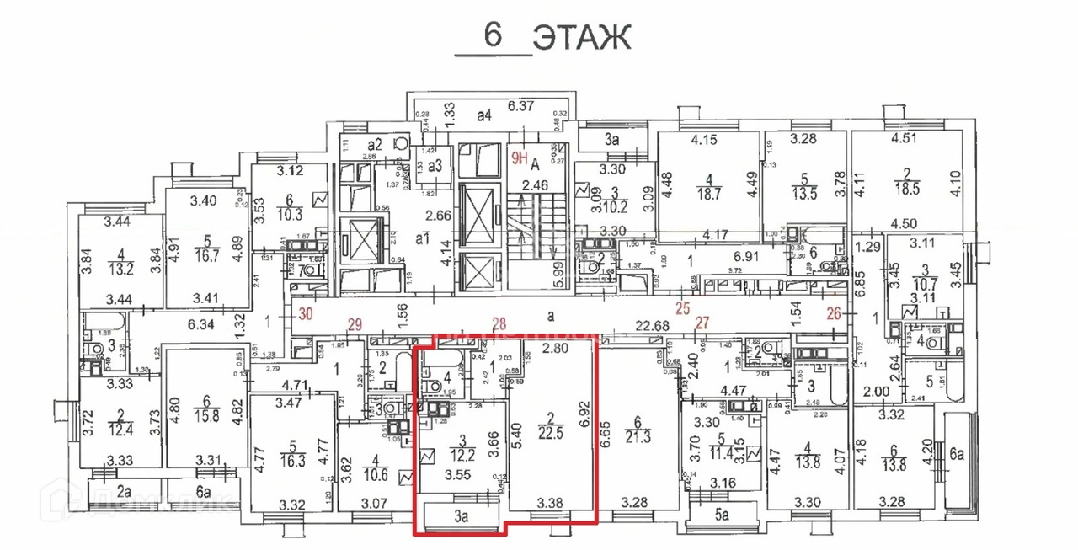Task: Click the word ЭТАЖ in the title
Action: (583, 37)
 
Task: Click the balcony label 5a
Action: (722, 512)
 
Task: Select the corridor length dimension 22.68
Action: (653, 327)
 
